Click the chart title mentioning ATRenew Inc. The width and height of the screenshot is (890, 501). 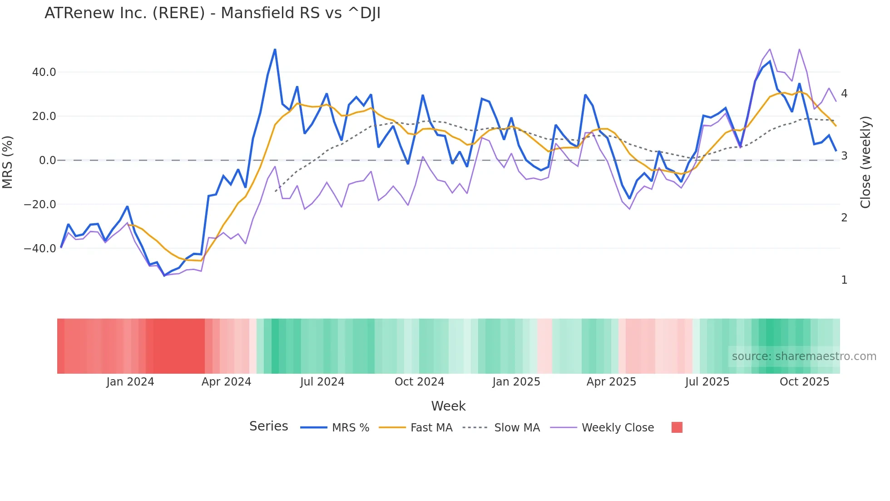pyautogui.click(x=213, y=13)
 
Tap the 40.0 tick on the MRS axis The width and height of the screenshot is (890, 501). pyautogui.click(x=44, y=72)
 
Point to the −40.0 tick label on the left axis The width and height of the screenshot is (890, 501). pyautogui.click(x=40, y=249)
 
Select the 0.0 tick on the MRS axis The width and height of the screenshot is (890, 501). pyautogui.click(x=47, y=160)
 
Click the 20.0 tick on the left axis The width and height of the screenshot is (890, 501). pyautogui.click(x=44, y=116)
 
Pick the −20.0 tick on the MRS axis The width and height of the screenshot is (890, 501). pyautogui.click(x=40, y=205)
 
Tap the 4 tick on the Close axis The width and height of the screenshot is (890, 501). pyautogui.click(x=844, y=94)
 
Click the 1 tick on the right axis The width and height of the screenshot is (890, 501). pyautogui.click(x=844, y=280)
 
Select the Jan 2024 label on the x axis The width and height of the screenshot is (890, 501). pyautogui.click(x=130, y=382)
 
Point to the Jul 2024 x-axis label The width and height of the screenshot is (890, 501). pyautogui.click(x=322, y=382)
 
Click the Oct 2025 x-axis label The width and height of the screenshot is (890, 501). pyautogui.click(x=804, y=382)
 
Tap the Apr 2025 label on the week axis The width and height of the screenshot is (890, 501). pyautogui.click(x=611, y=382)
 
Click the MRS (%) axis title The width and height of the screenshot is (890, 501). pyautogui.click(x=8, y=162)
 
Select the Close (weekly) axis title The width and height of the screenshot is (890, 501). pyautogui.click(x=865, y=162)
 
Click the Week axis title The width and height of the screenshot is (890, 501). pyautogui.click(x=448, y=406)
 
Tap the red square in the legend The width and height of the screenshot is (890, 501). pyautogui.click(x=677, y=427)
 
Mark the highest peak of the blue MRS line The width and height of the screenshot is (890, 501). pyautogui.click(x=275, y=50)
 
